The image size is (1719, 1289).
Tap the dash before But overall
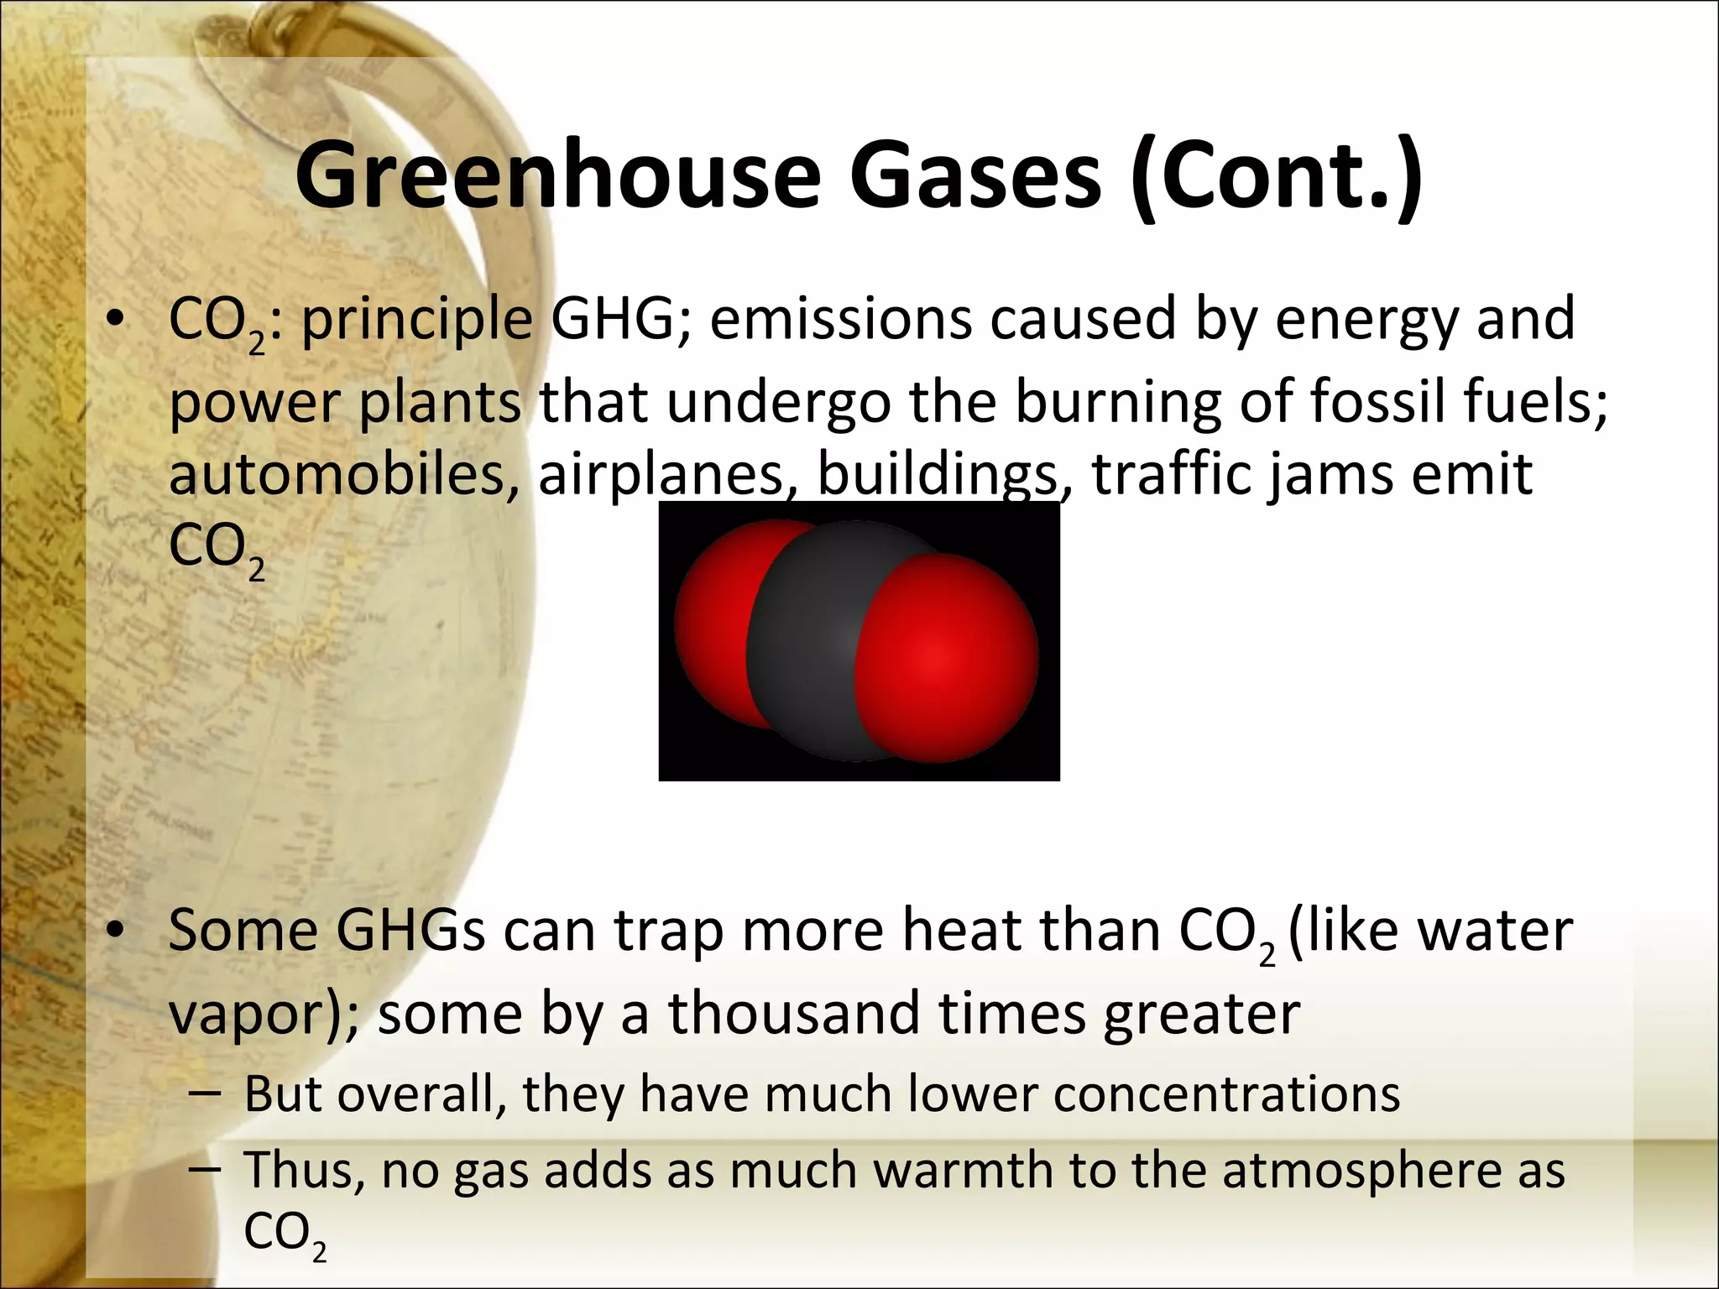[206, 1095]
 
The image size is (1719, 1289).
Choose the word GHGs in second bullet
[410, 931]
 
